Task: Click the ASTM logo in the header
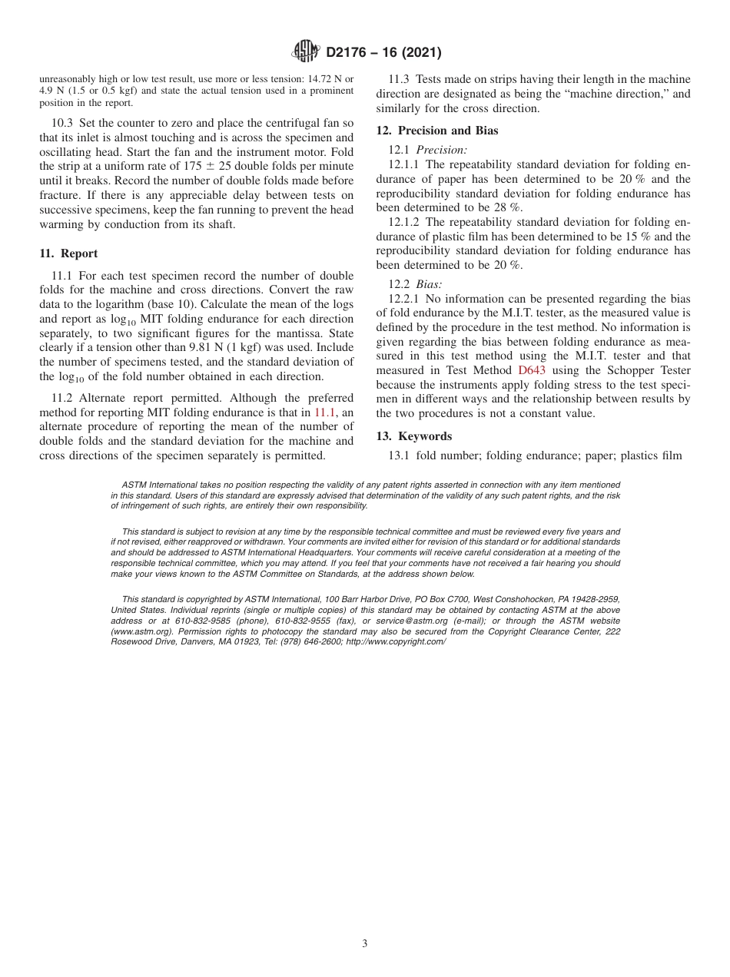tap(307, 52)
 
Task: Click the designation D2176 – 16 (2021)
tap(383, 53)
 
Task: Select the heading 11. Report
tap(68, 253)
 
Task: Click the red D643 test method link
tap(532, 369)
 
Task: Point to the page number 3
tap(365, 944)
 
